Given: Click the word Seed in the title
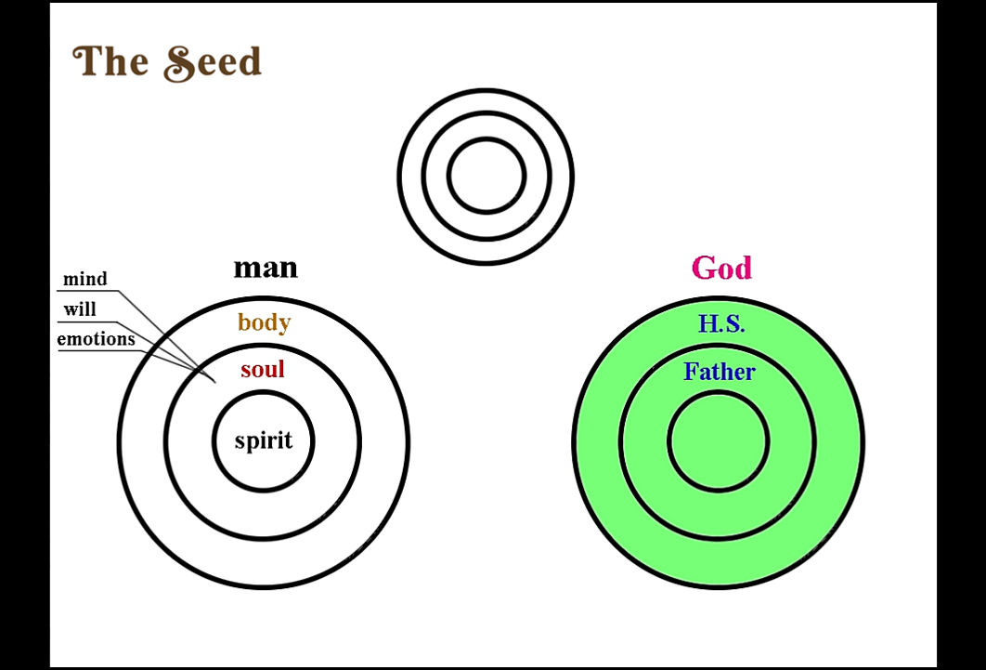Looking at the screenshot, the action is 213,63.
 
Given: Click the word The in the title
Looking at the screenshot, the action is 110,61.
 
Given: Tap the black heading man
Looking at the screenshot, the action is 266,268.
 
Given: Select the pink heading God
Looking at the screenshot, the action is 721,268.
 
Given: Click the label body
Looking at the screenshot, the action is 264,322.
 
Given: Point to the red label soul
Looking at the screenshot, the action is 262,369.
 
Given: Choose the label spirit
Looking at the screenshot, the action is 264,440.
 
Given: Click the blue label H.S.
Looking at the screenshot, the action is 721,323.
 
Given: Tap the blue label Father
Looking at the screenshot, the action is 719,371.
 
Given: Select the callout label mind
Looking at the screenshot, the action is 84,279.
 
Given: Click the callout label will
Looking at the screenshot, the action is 80,309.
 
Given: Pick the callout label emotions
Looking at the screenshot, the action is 97,339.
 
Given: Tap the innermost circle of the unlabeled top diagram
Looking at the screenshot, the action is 487,138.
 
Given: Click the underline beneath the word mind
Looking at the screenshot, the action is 87,291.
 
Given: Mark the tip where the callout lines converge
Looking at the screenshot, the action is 215,383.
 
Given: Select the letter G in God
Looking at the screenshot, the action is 705,268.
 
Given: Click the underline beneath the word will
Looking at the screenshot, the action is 87,321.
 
